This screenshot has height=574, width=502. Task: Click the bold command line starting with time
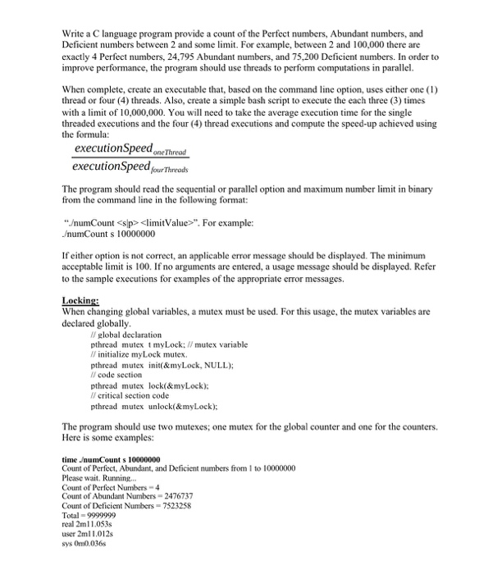tap(112, 459)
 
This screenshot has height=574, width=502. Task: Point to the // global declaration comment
tap(125, 335)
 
